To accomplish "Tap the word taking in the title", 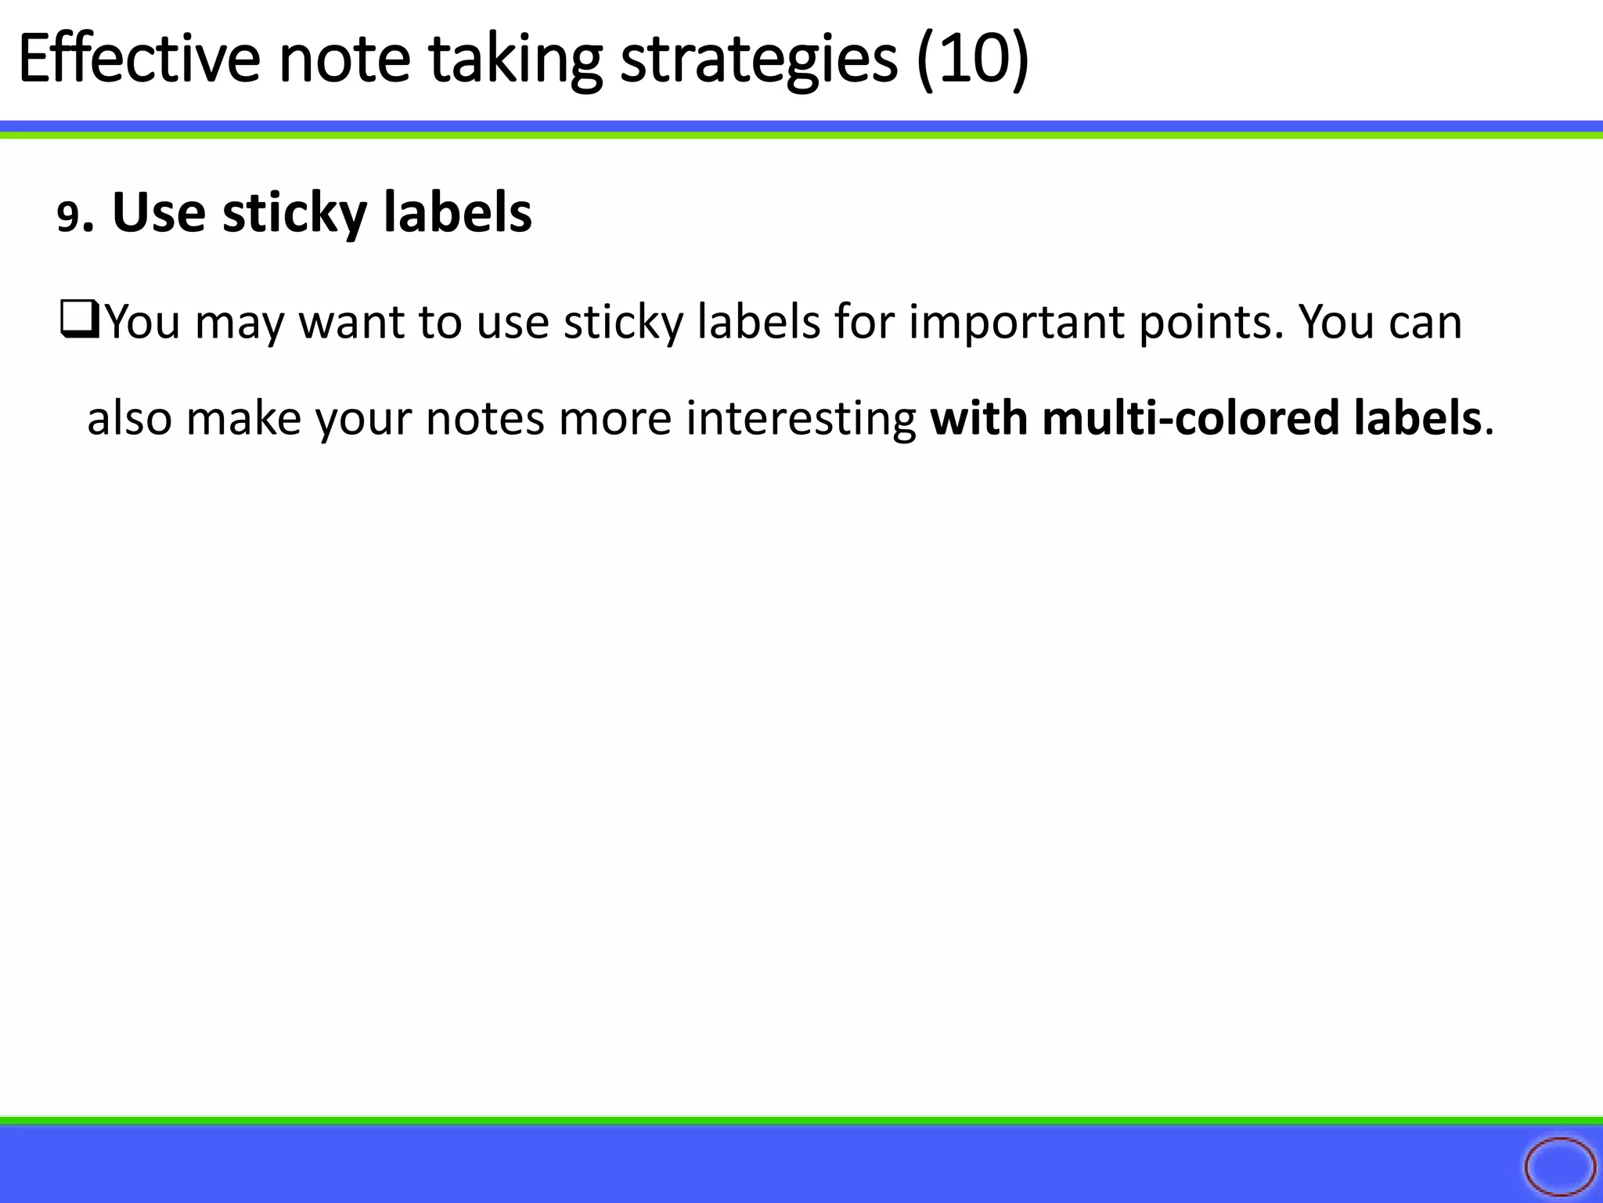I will click(x=515, y=61).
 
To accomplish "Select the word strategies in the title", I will click(x=758, y=61).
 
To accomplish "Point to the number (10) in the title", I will click(x=973, y=60).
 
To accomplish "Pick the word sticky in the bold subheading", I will click(x=294, y=214).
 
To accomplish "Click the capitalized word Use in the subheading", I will click(x=159, y=212).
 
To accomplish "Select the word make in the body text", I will click(x=243, y=418).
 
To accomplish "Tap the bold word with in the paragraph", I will click(x=978, y=418).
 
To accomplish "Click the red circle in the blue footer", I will click(x=1559, y=1167).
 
